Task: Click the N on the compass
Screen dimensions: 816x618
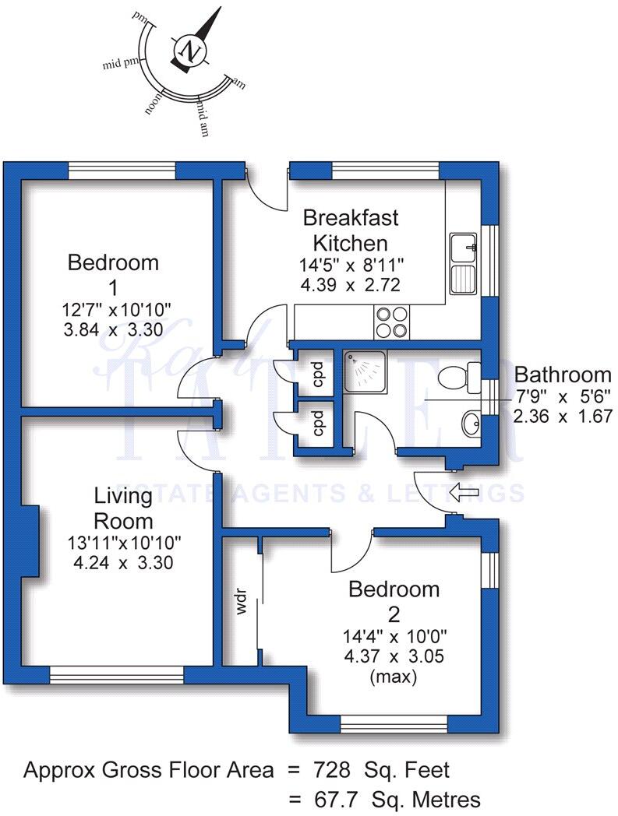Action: tap(189, 51)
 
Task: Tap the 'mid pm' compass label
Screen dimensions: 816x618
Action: tap(121, 63)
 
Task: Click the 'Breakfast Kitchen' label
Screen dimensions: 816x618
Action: tap(350, 229)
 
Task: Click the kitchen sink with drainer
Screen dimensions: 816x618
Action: tap(464, 262)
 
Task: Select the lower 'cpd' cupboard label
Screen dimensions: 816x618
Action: tap(317, 425)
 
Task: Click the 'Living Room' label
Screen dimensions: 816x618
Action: tap(123, 508)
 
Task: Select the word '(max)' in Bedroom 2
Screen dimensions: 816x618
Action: tap(394, 677)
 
